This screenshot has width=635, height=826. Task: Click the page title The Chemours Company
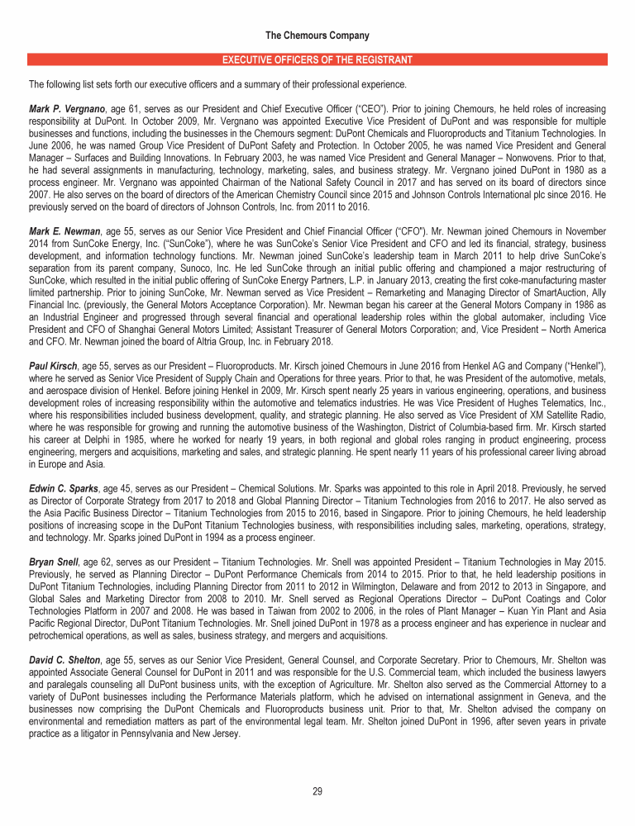click(x=317, y=36)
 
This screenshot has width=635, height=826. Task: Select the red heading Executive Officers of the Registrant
click(x=317, y=60)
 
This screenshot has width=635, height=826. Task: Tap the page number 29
click(x=317, y=791)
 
